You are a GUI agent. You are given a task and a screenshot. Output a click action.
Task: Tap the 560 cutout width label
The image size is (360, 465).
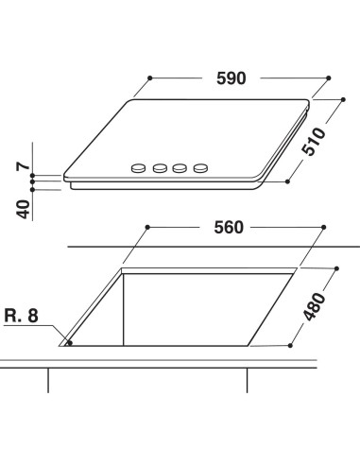[x=229, y=227]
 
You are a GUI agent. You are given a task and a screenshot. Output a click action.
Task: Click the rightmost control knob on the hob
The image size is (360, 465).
[x=200, y=169]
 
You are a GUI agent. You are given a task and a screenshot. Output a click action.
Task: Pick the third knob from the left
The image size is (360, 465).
[x=180, y=169]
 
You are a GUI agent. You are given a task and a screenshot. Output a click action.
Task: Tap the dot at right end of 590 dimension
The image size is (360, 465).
[x=328, y=78]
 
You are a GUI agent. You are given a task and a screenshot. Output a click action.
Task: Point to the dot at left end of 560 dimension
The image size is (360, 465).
[x=148, y=228]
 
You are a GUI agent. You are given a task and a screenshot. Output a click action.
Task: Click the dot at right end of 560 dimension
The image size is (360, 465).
[x=326, y=228]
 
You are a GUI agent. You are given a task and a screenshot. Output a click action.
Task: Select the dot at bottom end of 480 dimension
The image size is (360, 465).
[x=289, y=347]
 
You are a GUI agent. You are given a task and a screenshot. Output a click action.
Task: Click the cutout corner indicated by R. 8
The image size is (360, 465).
[x=67, y=345]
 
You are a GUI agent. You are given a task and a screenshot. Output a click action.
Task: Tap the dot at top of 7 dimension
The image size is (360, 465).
[x=31, y=176]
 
